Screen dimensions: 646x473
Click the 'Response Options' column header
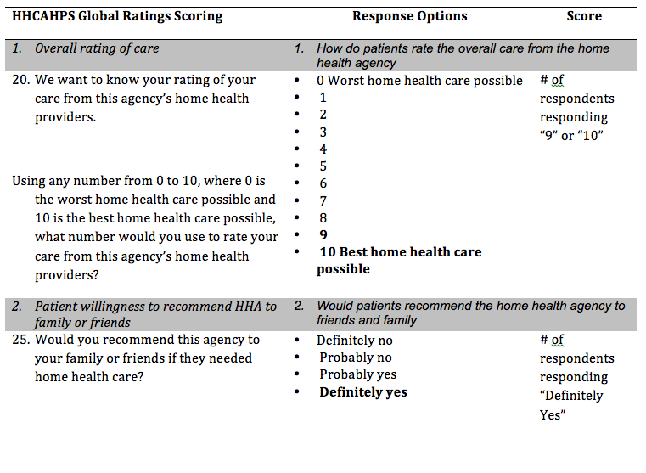click(x=410, y=16)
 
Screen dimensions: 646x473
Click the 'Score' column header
click(x=584, y=16)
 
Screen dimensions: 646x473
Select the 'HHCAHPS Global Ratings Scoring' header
click(x=117, y=16)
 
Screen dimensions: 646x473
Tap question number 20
click(x=21, y=80)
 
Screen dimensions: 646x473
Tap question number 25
click(x=21, y=340)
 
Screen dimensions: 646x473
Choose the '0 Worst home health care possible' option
click(x=419, y=81)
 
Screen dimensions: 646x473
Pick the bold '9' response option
click(x=323, y=234)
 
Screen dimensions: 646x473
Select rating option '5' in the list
click(x=323, y=166)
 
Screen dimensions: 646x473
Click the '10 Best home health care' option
click(x=401, y=251)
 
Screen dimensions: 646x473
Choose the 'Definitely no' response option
click(x=355, y=341)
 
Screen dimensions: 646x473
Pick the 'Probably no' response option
click(x=356, y=358)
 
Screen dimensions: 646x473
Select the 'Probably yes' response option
click(x=358, y=374)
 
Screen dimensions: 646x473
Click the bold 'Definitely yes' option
click(x=363, y=391)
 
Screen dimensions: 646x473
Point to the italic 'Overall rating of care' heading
click(x=97, y=48)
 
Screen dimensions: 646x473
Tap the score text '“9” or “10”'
click(x=571, y=136)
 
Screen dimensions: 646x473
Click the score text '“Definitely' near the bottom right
click(x=571, y=396)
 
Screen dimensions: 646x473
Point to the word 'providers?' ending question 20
click(x=67, y=275)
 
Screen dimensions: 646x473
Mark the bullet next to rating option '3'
click(x=296, y=132)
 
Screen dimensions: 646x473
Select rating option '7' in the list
click(x=323, y=200)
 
